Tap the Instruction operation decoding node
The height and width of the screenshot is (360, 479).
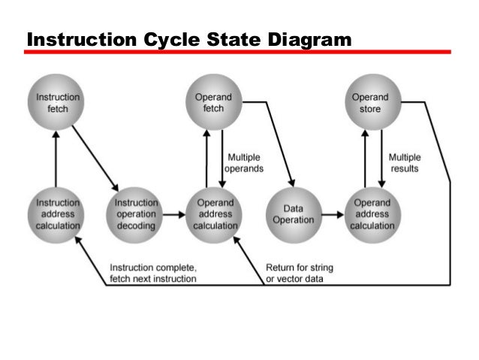coord(136,214)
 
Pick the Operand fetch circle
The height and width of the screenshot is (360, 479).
coord(213,103)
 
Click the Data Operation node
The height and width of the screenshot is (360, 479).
coord(291,214)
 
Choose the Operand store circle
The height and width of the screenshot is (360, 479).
coord(369,103)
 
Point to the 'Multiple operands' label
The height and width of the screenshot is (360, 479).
coord(245,163)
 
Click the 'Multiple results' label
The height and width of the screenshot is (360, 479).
coord(404,163)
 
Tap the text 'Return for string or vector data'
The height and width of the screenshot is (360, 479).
coord(300,274)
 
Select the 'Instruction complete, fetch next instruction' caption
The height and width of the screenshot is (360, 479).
coord(153,274)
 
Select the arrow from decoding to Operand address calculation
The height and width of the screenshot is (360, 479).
coord(174,215)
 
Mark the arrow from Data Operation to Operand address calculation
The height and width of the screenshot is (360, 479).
coord(330,215)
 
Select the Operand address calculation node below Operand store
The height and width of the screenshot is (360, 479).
coord(369,214)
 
